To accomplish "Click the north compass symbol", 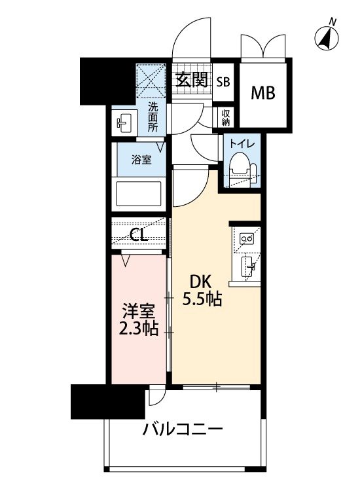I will click(x=328, y=38).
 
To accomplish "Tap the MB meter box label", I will click(x=264, y=92).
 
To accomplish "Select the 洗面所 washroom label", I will click(x=153, y=117).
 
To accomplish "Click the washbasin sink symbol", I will click(x=124, y=122).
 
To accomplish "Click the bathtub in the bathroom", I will click(x=139, y=194).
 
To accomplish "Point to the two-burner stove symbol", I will click(x=248, y=239).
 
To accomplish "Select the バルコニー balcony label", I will click(x=183, y=430).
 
